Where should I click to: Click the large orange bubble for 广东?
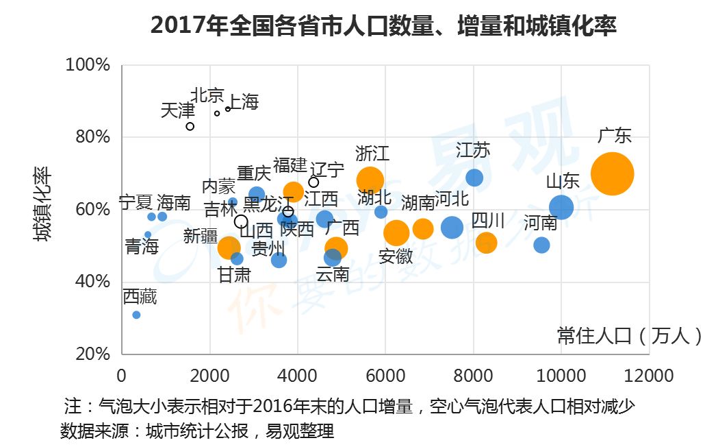pyautogui.click(x=612, y=174)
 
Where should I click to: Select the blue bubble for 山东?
pyautogui.click(x=561, y=206)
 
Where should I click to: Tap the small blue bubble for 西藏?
pyautogui.click(x=136, y=315)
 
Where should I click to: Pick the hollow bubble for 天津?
pyautogui.click(x=190, y=126)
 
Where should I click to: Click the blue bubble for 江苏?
pyautogui.click(x=474, y=178)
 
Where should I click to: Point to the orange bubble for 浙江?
pyautogui.click(x=370, y=180)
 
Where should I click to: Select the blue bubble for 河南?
pyautogui.click(x=541, y=245)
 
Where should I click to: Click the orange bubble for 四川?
pyautogui.click(x=486, y=243)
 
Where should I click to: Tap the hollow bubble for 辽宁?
pyautogui.click(x=313, y=182)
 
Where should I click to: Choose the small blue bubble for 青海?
pyautogui.click(x=148, y=234)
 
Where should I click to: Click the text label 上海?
pyautogui.click(x=242, y=102)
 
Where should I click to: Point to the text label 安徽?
pyautogui.click(x=396, y=256)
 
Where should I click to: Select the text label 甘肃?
pyautogui.click(x=234, y=275)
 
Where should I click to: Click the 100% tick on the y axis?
pyautogui.click(x=88, y=65)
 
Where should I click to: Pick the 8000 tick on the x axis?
pyautogui.click(x=473, y=376)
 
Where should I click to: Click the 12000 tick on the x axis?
pyautogui.click(x=648, y=376)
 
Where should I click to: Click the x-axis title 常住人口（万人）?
pyautogui.click(x=629, y=335)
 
